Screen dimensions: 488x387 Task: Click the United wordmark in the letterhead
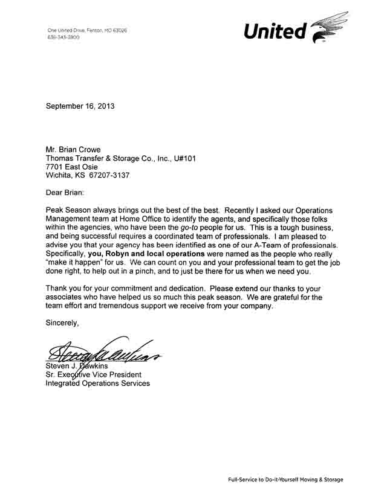click(x=275, y=32)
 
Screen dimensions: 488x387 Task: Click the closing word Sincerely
click(x=62, y=323)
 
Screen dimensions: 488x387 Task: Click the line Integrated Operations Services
click(x=98, y=383)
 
